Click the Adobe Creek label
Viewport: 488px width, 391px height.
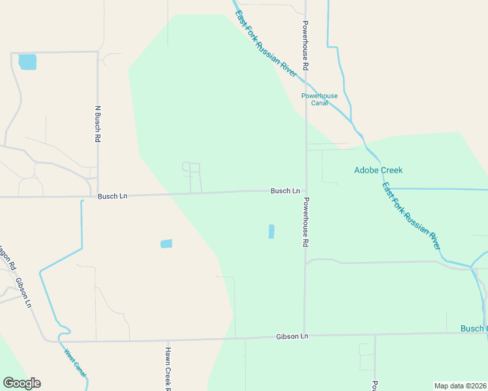click(x=378, y=171)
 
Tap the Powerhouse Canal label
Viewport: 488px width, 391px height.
click(x=320, y=100)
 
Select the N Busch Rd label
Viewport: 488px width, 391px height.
click(x=98, y=124)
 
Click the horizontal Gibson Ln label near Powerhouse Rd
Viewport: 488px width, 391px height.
click(x=292, y=336)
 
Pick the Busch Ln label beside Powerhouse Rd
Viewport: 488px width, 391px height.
click(x=285, y=191)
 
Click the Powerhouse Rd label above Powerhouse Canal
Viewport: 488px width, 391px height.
click(x=305, y=46)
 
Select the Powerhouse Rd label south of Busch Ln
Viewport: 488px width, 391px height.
click(x=305, y=222)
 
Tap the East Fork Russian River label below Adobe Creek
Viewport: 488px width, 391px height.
click(x=412, y=217)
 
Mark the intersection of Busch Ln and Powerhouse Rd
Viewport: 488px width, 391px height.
click(x=305, y=191)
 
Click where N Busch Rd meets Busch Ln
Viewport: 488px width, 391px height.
click(x=98, y=195)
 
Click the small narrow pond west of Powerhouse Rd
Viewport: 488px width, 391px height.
click(x=271, y=231)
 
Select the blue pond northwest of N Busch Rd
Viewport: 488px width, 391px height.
click(x=27, y=62)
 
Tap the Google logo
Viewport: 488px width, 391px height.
click(x=22, y=383)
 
